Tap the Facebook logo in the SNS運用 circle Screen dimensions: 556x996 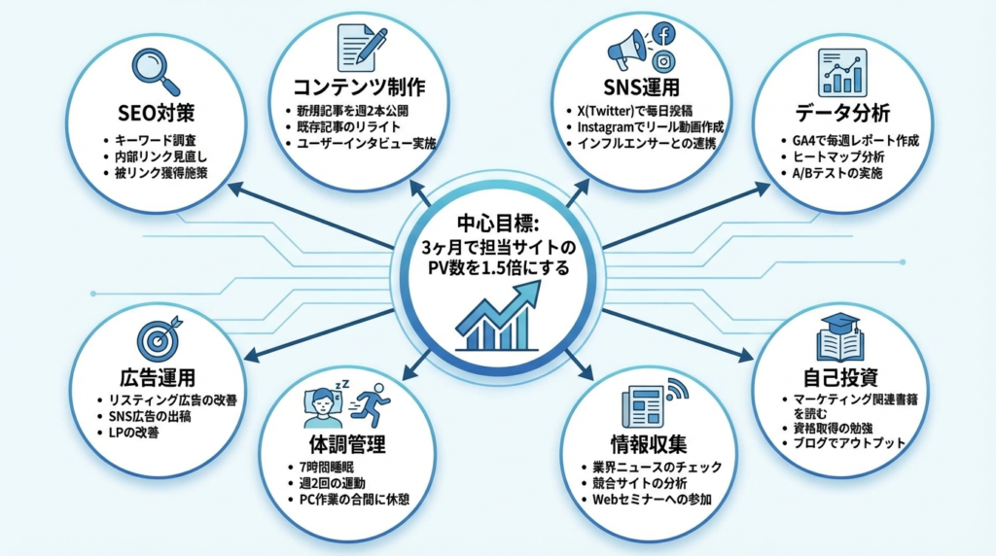(664, 34)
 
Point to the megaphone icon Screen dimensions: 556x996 (627, 49)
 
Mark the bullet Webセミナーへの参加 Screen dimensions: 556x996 (651, 500)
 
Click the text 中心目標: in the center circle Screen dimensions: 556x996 (498, 221)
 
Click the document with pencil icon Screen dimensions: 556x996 (361, 45)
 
